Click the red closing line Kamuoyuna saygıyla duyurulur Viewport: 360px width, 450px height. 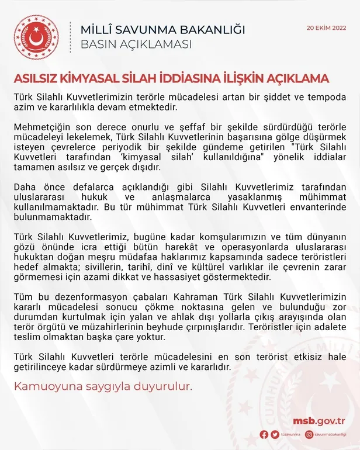[103, 387]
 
